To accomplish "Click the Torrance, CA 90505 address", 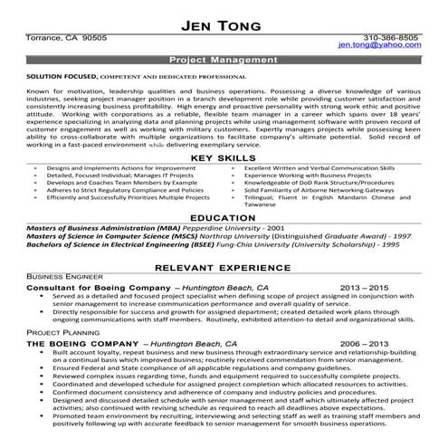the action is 68,39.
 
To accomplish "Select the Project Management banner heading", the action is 223,59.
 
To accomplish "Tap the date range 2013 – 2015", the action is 365,288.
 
